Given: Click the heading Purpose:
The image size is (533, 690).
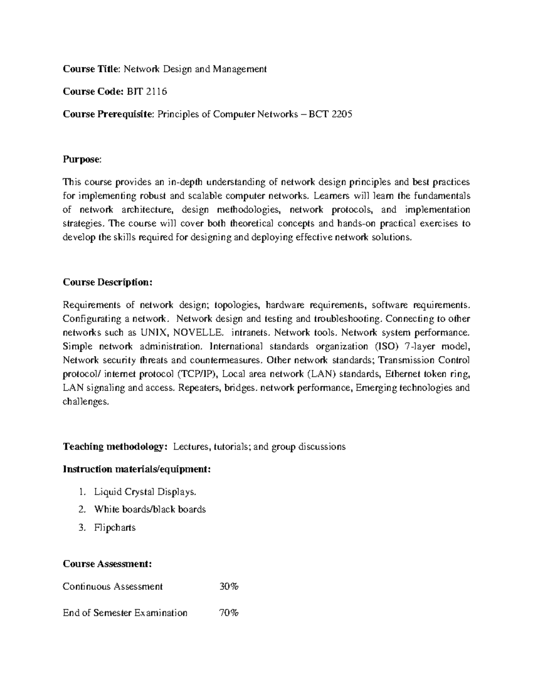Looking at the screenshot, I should click(82, 160).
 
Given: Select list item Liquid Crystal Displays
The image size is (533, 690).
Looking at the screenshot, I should click(145, 492).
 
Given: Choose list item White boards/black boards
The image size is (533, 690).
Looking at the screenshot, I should click(150, 509).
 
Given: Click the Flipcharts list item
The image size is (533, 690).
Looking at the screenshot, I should click(115, 528).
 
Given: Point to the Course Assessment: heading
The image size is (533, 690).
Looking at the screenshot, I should click(107, 564).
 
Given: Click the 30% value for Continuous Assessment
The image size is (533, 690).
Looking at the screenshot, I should click(229, 586).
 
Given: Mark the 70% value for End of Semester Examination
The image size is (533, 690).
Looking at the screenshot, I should click(229, 613).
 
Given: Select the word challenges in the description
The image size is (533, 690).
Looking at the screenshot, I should click(85, 402).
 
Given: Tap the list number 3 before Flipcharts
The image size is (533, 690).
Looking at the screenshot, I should click(81, 528).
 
